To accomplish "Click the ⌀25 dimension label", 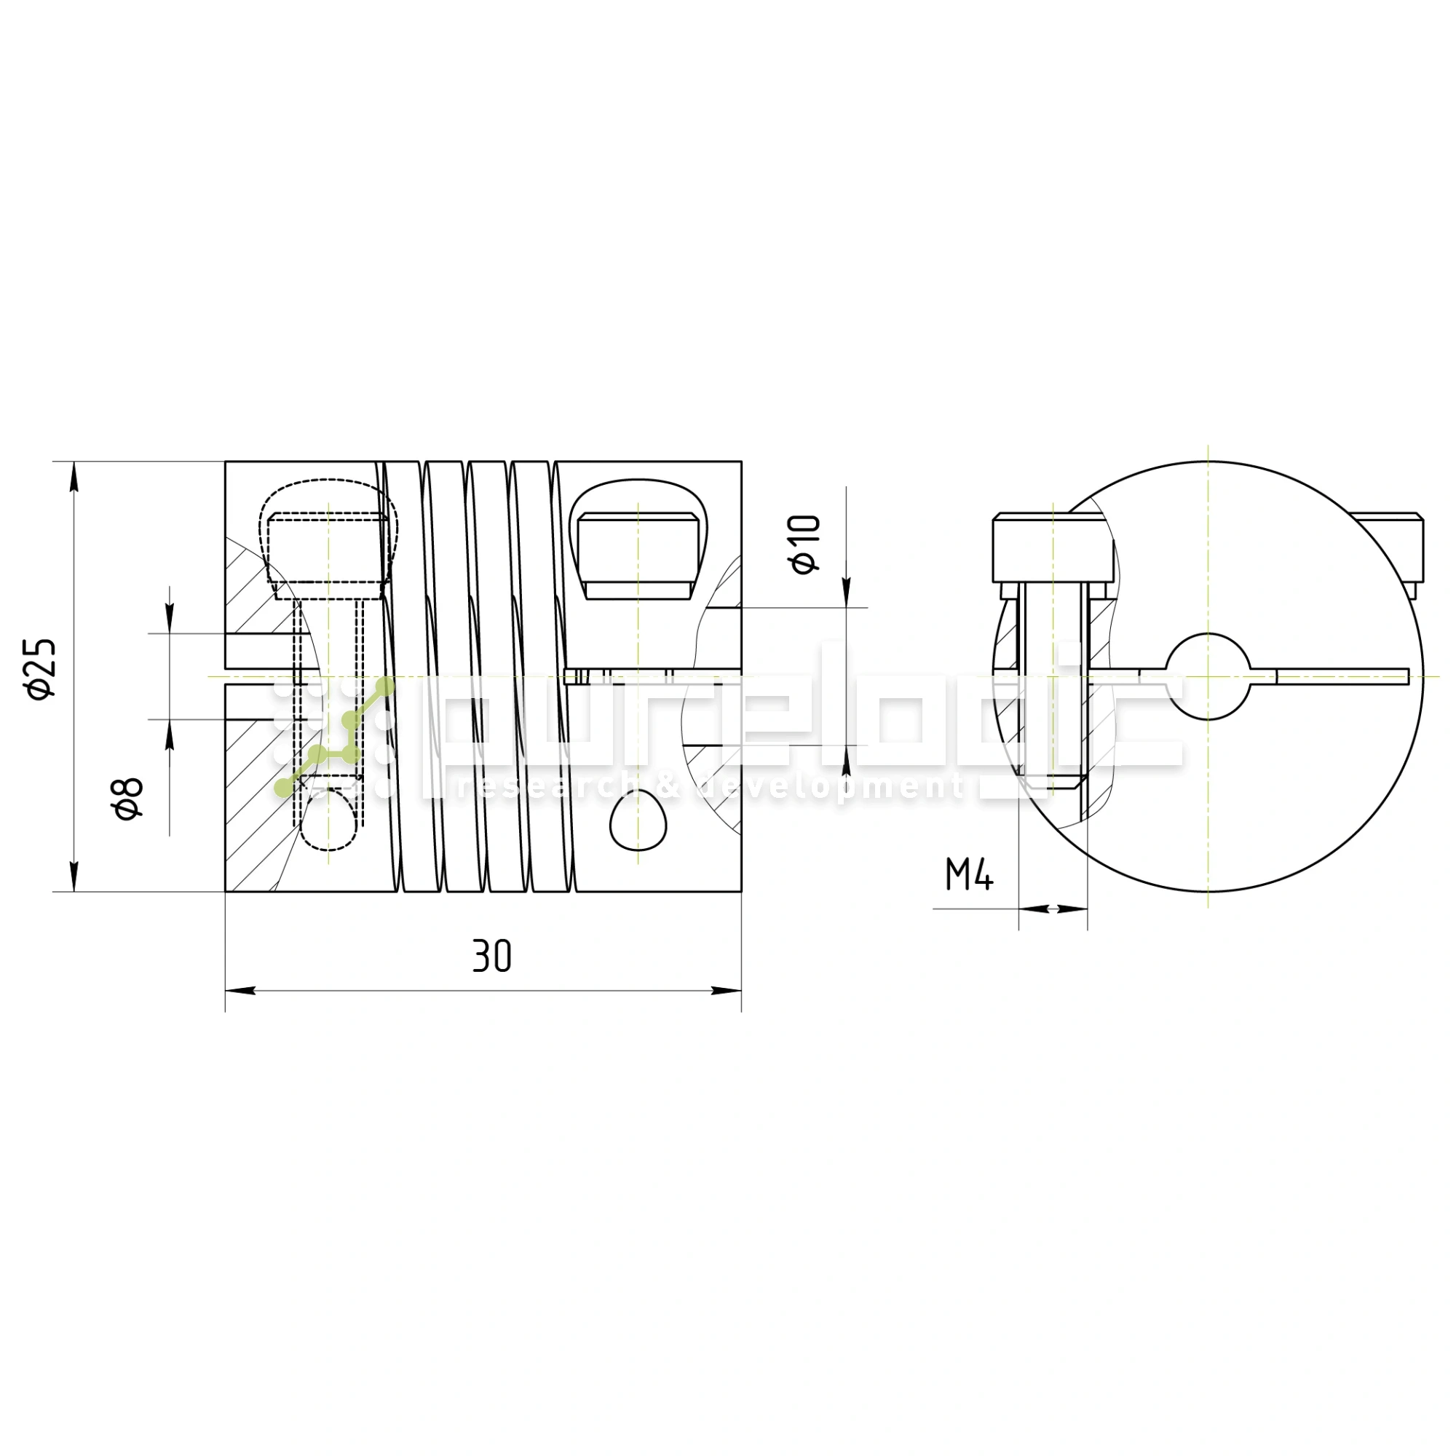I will click(41, 668).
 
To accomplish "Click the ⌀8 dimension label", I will click(128, 799).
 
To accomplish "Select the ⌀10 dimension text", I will click(804, 544).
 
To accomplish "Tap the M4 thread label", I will click(969, 875).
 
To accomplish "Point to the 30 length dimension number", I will click(492, 956).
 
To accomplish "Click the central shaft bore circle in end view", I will click(1207, 676).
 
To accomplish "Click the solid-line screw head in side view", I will click(638, 556).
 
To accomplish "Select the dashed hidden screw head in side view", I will click(329, 548).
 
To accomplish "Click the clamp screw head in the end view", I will click(1053, 548).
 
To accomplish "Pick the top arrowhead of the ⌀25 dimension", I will click(74, 475).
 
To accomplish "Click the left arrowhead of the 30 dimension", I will click(240, 990).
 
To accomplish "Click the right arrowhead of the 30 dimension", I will click(727, 990).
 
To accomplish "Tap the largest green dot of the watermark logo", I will click(385, 686).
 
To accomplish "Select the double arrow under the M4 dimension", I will click(1053, 909).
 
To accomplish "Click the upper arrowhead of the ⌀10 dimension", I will click(847, 592).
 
